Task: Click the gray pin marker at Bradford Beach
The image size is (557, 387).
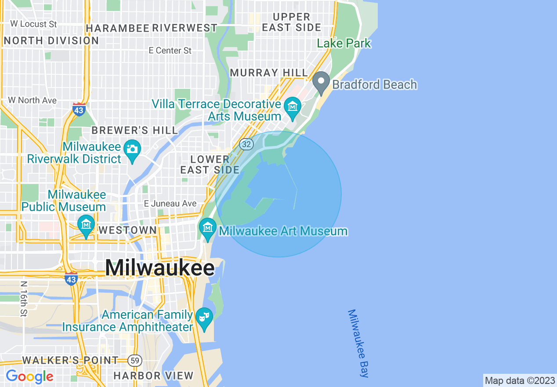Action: (x=321, y=82)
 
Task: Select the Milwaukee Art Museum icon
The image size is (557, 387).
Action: (x=207, y=228)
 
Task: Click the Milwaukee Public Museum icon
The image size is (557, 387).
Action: (x=86, y=225)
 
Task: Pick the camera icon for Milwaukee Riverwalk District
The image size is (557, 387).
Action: (x=132, y=149)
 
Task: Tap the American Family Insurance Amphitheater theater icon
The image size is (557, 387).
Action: (x=204, y=317)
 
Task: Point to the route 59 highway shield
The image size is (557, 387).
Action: (x=135, y=361)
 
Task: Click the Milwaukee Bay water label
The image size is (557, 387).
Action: (x=358, y=343)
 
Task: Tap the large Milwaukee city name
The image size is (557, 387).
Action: (x=160, y=268)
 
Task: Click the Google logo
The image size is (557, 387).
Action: (x=29, y=376)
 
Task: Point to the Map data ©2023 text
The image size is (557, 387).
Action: (x=519, y=380)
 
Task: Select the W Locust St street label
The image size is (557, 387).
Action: (x=33, y=24)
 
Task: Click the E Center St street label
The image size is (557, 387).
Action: (x=170, y=51)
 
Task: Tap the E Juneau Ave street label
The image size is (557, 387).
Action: (x=170, y=204)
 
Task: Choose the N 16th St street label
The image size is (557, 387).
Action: (x=23, y=299)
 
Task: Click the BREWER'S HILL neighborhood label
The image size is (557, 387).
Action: (x=135, y=131)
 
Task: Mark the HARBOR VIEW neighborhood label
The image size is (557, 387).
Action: (x=153, y=376)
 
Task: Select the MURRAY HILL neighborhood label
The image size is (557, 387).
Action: (x=269, y=73)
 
